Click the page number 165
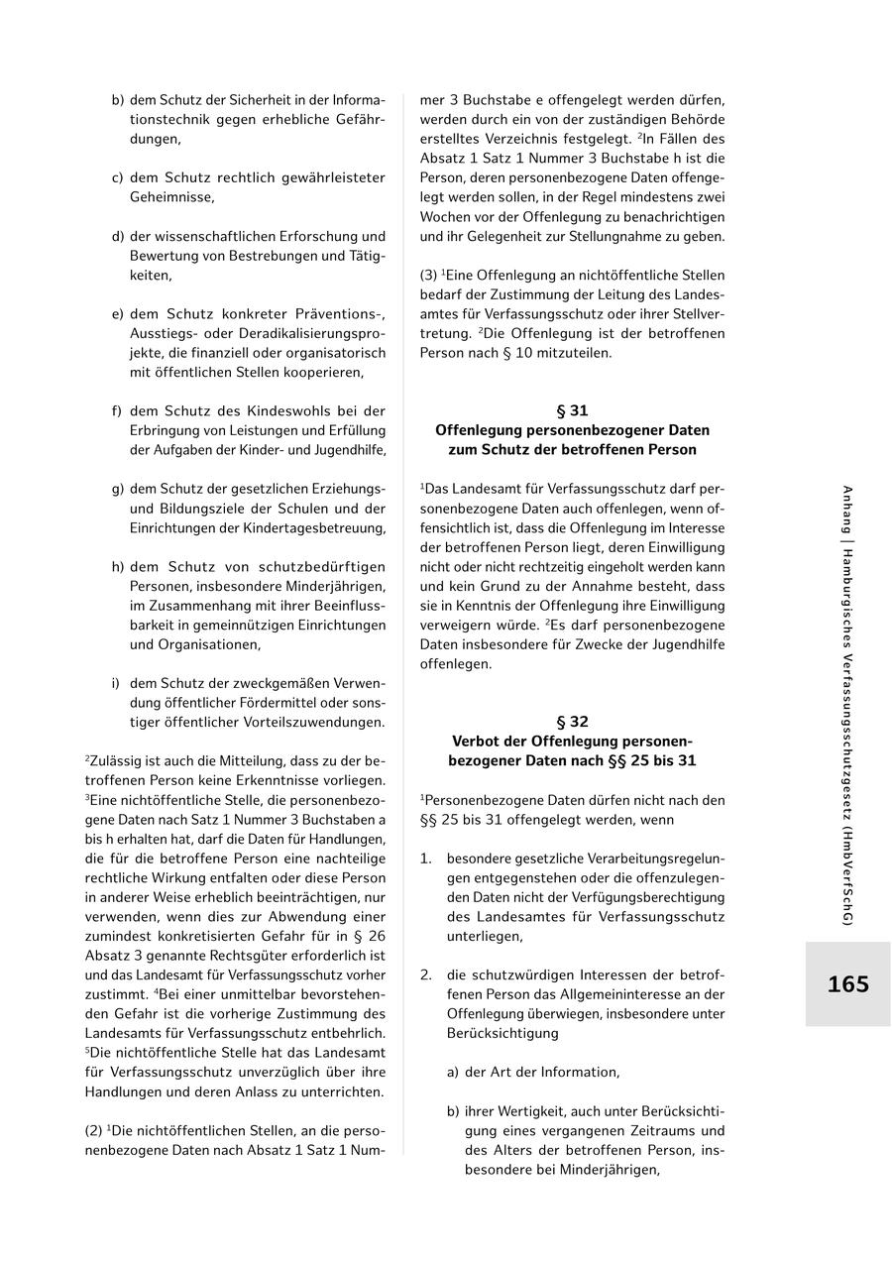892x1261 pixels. point(847,984)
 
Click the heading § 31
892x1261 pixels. point(572,410)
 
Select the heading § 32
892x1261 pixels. point(572,722)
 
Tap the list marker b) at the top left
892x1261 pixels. point(118,100)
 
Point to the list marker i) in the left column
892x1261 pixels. point(115,683)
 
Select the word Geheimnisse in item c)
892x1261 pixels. point(169,196)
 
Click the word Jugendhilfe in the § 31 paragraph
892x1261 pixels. point(685,644)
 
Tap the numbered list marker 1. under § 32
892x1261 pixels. point(425,859)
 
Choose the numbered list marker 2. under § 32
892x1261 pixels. point(425,975)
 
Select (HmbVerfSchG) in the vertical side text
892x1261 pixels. point(847,876)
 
